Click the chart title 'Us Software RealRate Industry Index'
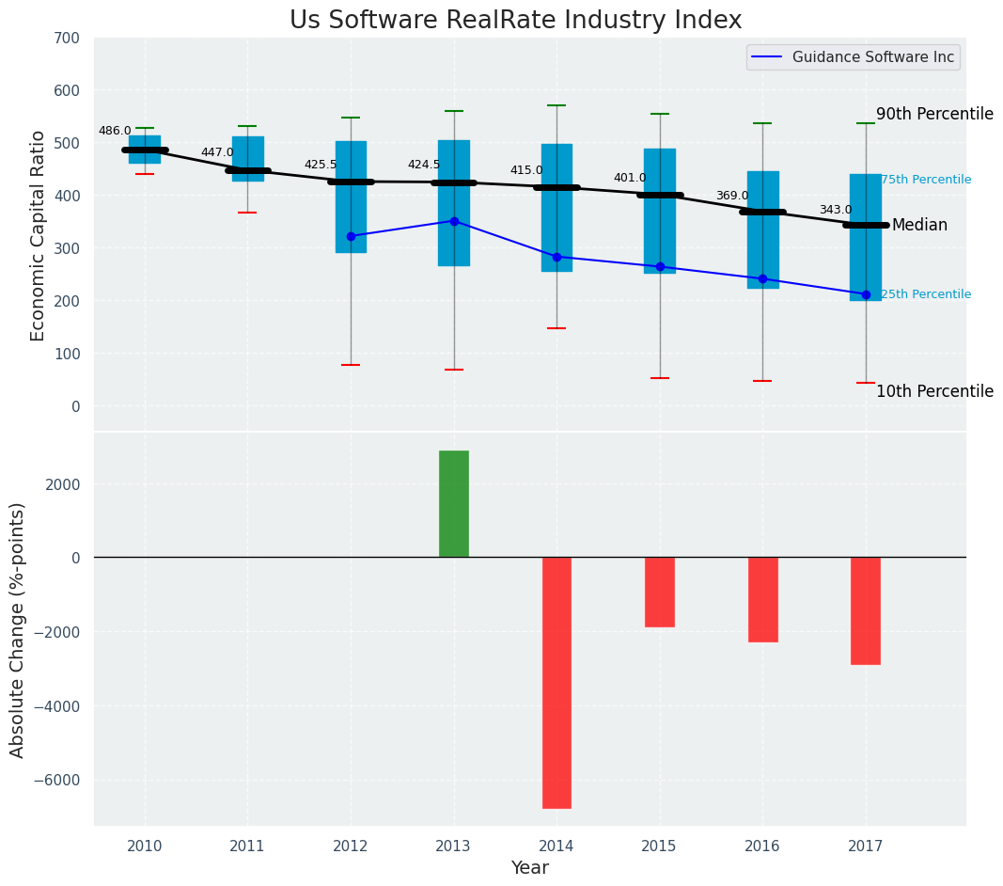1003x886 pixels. pos(515,21)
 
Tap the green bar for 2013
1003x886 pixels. pos(454,504)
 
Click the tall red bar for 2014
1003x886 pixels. pos(556,682)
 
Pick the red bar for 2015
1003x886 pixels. pos(660,592)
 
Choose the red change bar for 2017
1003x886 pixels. pos(866,610)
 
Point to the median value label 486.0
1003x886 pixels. pos(115,132)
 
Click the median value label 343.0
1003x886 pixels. pos(836,211)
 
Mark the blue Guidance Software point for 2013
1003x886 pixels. pos(454,221)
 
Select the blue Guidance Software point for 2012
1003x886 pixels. pos(351,236)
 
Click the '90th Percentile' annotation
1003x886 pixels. pos(934,115)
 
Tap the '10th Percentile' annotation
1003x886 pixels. pos(934,392)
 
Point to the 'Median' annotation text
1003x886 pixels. pos(919,226)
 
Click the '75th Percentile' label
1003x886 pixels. pos(926,180)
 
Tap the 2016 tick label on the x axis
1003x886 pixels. pos(762,846)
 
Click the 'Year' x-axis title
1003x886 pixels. pos(530,868)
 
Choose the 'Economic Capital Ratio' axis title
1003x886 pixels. pos(39,235)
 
